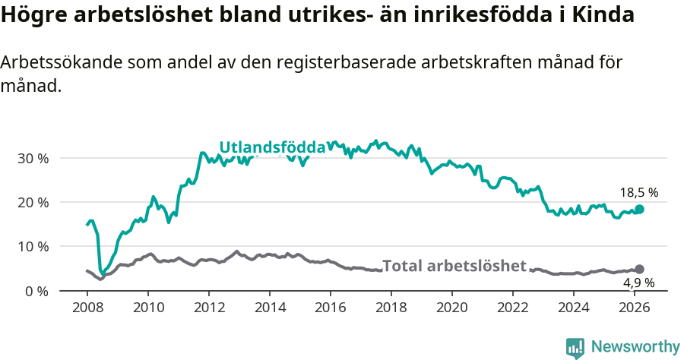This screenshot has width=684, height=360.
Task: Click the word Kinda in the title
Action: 608,15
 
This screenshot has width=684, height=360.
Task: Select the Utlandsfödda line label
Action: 272,147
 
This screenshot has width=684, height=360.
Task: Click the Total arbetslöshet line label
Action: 454,266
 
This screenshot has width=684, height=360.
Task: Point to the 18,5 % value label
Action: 639,193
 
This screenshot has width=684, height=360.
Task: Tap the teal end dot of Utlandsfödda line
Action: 640,210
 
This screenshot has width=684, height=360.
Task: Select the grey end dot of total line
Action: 640,269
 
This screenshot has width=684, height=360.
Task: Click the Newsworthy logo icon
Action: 575,348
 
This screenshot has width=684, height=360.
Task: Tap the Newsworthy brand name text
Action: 635,347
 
